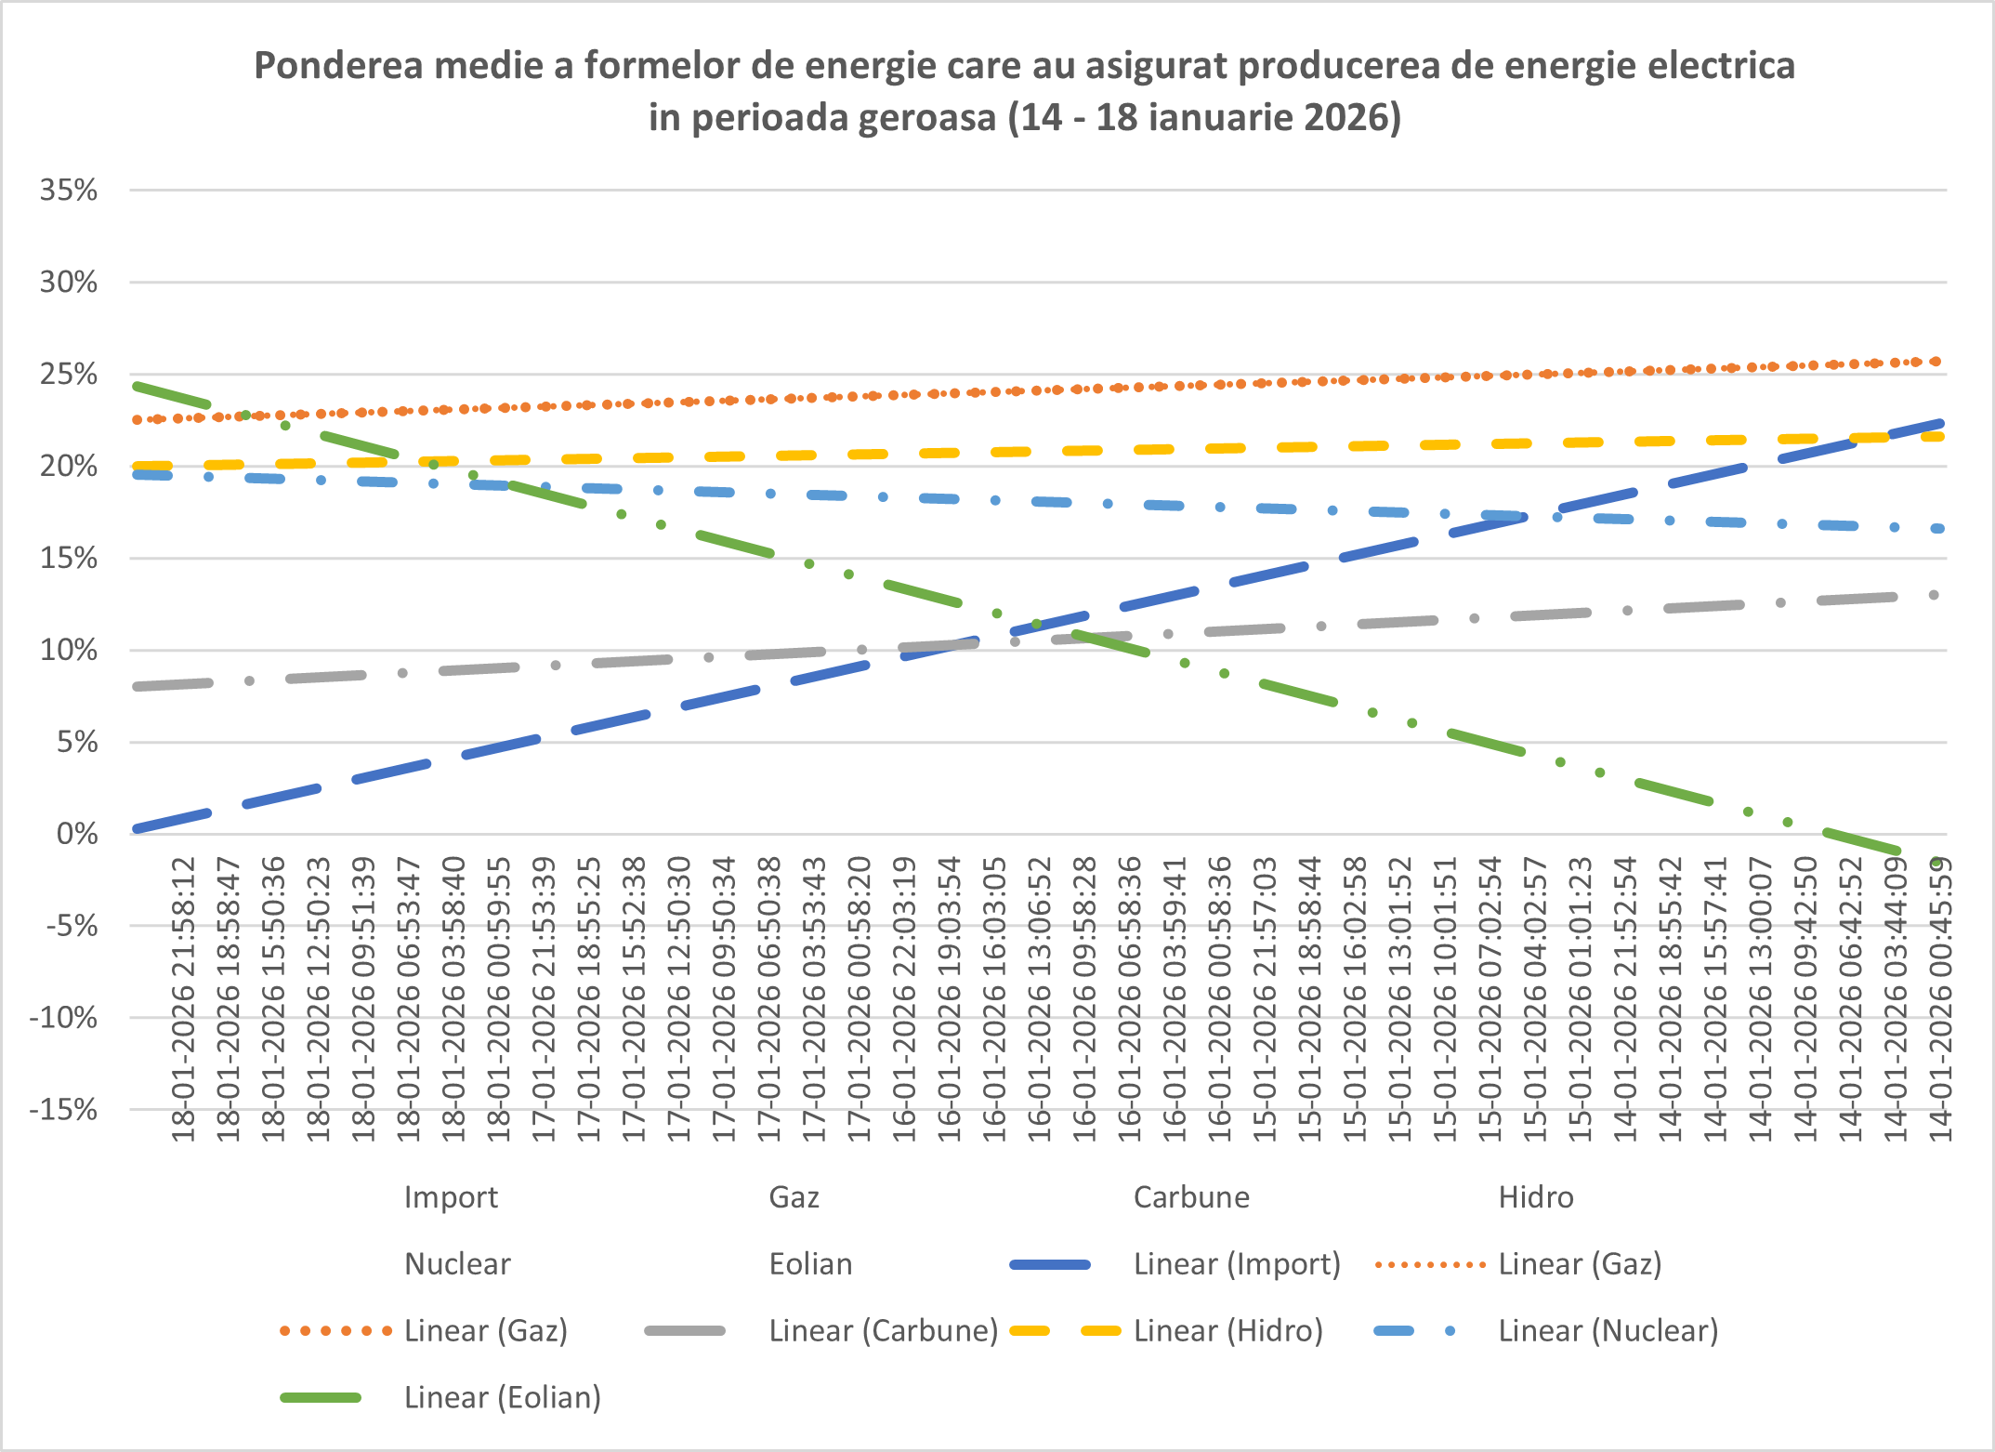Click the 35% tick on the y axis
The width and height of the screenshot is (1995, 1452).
coord(69,191)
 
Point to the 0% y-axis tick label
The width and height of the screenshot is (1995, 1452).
coord(77,834)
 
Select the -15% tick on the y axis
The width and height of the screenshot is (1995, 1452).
coord(63,1109)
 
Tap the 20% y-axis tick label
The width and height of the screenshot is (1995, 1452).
coord(69,466)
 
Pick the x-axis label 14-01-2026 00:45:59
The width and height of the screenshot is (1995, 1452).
coord(1940,999)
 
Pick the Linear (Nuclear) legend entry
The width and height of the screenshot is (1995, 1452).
coord(1608,1331)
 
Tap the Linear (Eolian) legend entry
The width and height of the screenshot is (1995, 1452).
coord(502,1398)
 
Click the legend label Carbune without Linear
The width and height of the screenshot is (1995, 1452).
coord(1191,1197)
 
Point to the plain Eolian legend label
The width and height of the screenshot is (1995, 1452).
coord(810,1264)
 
